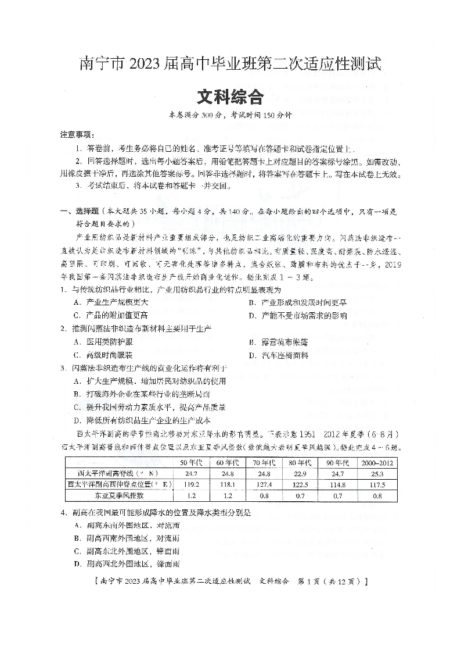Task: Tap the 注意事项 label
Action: (78, 134)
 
